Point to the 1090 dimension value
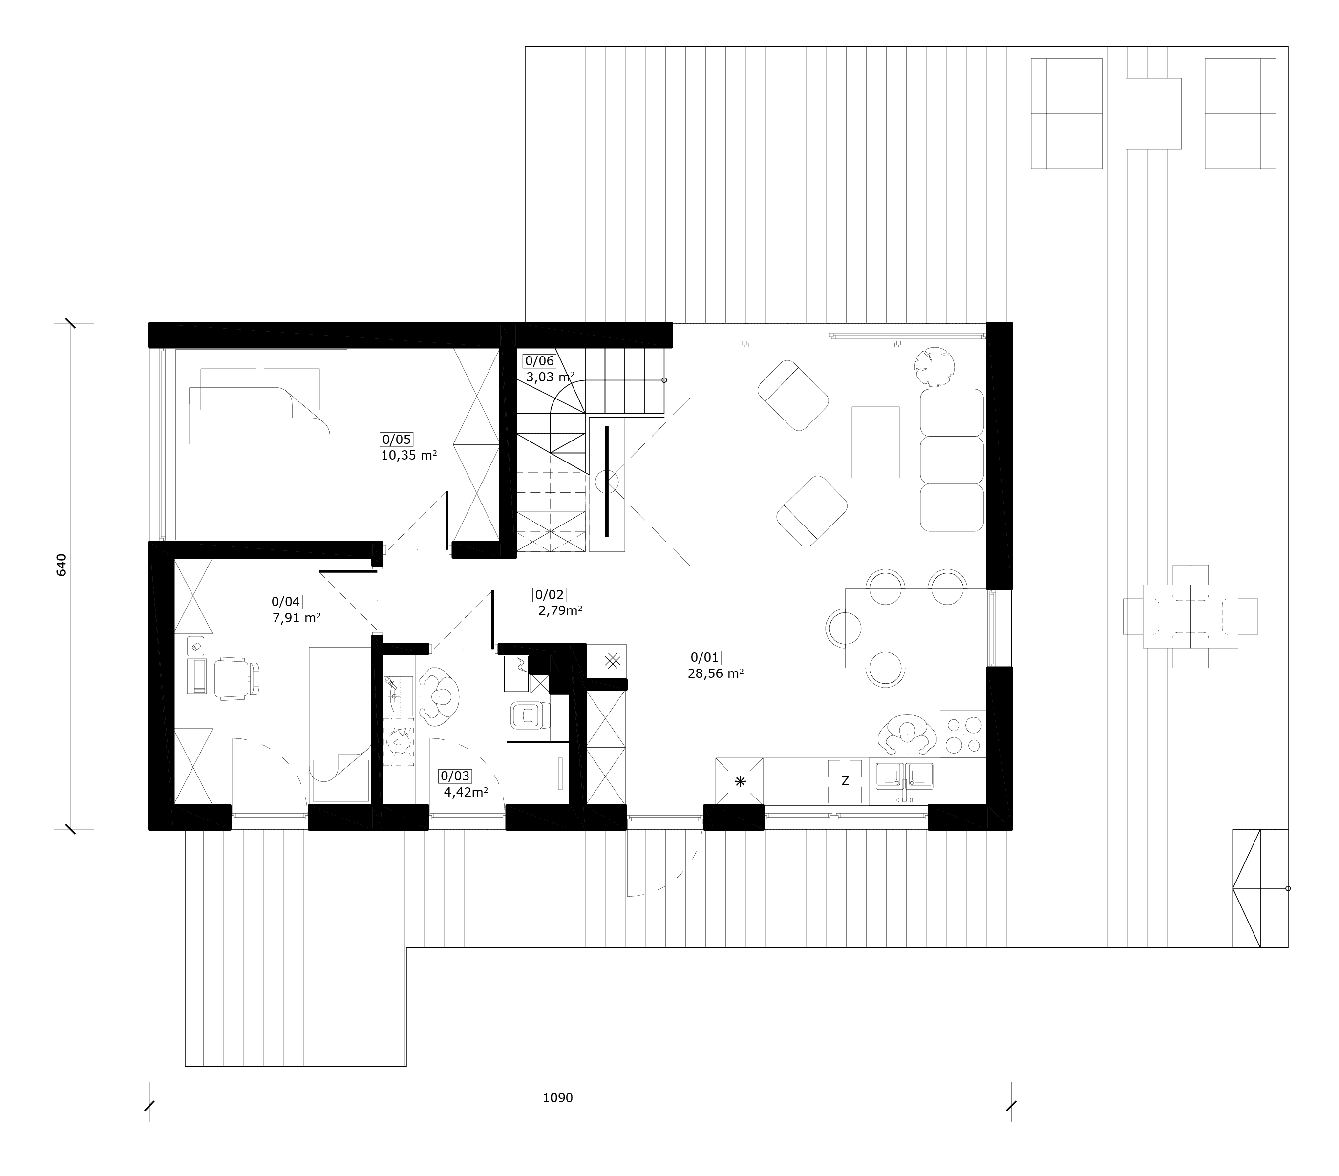point(557,1097)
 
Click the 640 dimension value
point(62,565)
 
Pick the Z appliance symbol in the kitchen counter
point(845,780)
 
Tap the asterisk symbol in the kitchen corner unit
point(740,781)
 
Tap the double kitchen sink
point(904,777)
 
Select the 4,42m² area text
point(466,792)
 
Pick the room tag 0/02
point(550,594)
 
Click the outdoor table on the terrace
point(1190,616)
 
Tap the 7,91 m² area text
point(297,617)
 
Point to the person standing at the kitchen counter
point(907,735)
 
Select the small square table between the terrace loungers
point(1153,113)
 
